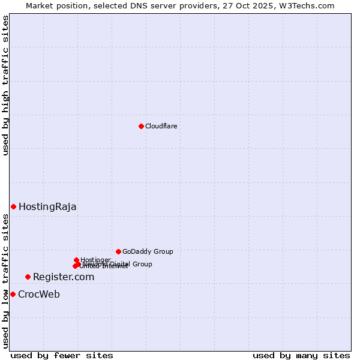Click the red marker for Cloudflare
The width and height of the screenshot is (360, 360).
(141, 126)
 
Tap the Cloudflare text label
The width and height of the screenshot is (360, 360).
(161, 126)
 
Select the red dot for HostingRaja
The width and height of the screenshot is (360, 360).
(13, 206)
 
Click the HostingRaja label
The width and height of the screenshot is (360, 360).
(47, 207)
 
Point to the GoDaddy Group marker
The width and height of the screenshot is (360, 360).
(118, 251)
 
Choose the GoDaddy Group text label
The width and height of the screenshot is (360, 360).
(148, 252)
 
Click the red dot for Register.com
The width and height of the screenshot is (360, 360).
(28, 277)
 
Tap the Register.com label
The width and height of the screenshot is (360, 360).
(64, 277)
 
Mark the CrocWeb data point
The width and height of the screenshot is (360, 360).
(13, 294)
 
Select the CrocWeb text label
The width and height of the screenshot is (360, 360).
(39, 295)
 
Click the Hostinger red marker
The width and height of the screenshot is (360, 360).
(76, 260)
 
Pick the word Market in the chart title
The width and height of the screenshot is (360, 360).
(39, 5)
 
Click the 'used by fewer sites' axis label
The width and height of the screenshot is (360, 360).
(62, 355)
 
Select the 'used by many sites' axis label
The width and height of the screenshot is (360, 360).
(301, 355)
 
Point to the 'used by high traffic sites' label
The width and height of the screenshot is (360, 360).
(5, 85)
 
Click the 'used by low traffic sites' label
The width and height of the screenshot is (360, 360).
(5, 281)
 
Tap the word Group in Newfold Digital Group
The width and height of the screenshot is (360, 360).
(142, 264)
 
